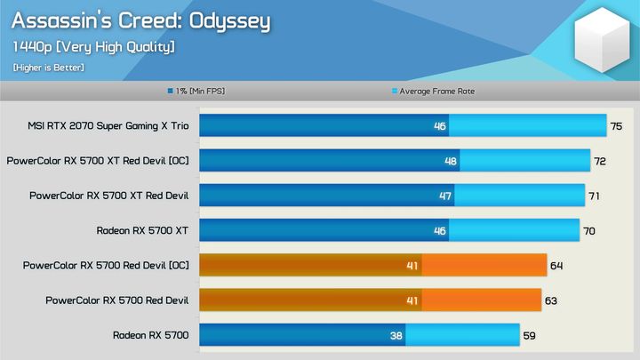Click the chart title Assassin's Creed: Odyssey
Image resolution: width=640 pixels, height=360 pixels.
point(140,20)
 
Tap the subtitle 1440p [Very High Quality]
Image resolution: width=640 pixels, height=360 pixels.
point(93,46)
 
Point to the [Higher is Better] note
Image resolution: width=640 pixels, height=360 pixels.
point(49,68)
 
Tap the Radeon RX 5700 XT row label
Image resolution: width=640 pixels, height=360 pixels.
point(142,230)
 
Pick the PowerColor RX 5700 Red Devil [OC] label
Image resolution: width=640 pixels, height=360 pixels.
point(106,265)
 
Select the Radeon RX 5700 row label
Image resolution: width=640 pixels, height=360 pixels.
point(150,335)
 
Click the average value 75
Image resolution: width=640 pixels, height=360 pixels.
point(616,126)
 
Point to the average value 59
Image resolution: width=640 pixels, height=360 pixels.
point(529,335)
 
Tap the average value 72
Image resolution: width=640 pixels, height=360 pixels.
point(600,161)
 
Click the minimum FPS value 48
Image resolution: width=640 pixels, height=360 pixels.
point(451,162)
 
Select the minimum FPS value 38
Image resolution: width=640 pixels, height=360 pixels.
point(396,336)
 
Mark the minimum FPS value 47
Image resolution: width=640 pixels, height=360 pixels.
point(445,196)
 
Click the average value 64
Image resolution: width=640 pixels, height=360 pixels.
point(556,265)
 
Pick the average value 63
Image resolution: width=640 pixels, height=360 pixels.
point(551,300)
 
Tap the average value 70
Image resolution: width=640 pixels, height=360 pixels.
point(589,230)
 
